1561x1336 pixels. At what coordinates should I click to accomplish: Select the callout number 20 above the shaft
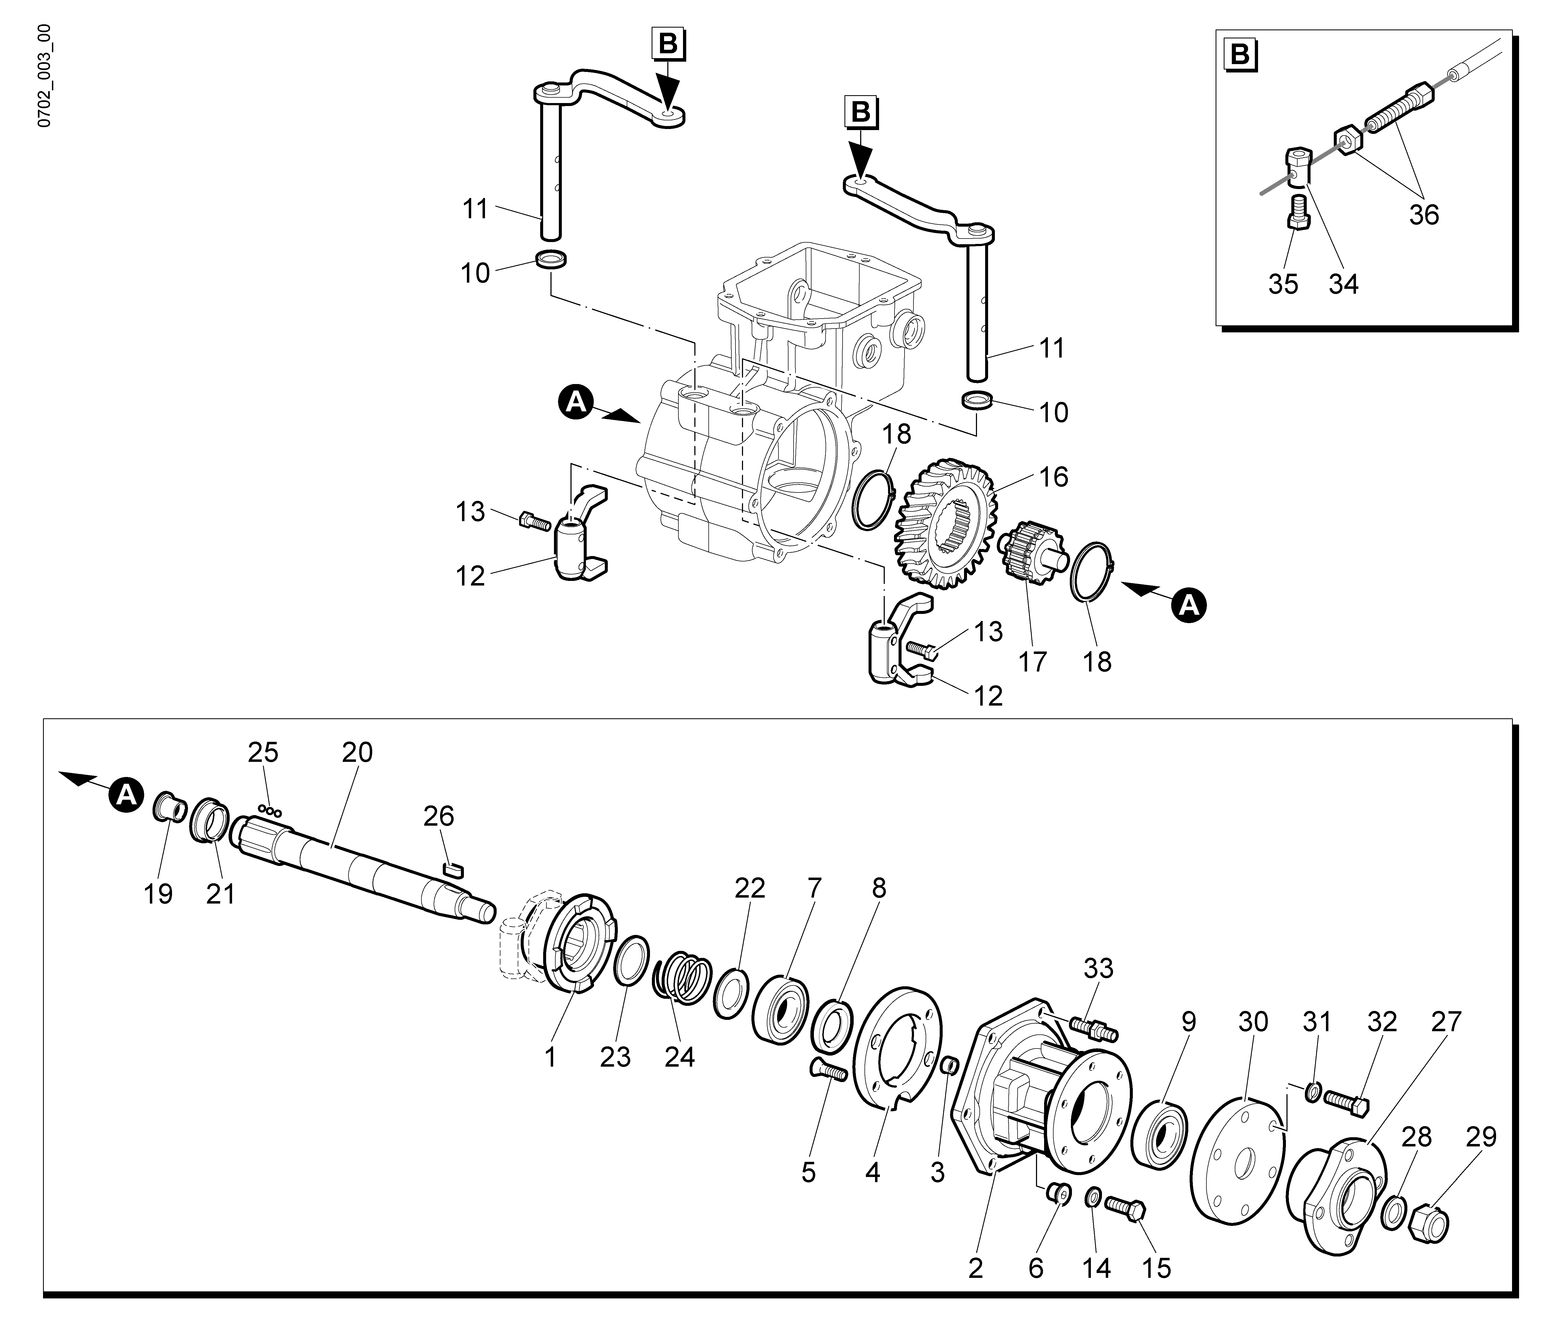click(x=357, y=752)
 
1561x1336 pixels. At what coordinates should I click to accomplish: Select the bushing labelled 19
click(x=170, y=809)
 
